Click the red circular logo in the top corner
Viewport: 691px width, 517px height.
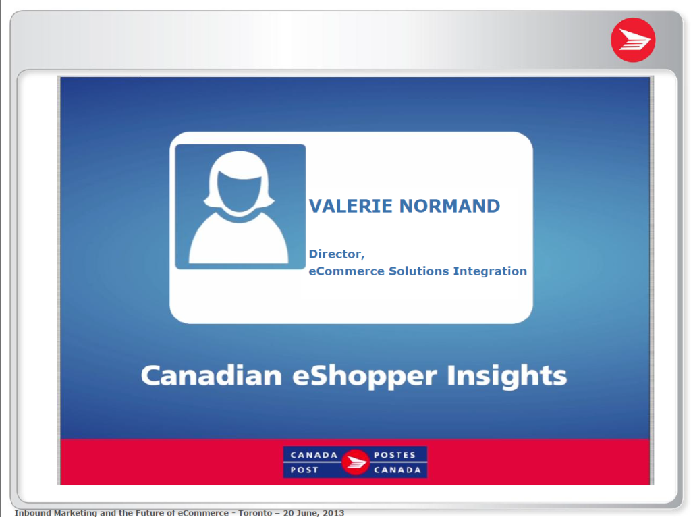[x=633, y=40]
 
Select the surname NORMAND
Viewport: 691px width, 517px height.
[x=449, y=206]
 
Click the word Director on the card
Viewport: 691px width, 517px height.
[x=337, y=254]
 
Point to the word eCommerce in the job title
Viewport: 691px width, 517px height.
[x=346, y=271]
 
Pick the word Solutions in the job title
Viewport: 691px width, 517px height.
[x=418, y=271]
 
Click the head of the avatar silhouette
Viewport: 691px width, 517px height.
[x=240, y=182]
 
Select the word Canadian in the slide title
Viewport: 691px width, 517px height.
[x=211, y=375]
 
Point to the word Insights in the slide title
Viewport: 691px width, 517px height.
[x=507, y=377]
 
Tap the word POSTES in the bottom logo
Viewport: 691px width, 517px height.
[x=395, y=455]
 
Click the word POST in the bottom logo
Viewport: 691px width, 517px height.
[x=304, y=470]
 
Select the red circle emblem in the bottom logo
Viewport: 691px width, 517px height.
[x=355, y=462]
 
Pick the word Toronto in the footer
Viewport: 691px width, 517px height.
[x=255, y=513]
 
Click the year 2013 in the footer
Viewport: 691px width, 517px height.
[x=333, y=513]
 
